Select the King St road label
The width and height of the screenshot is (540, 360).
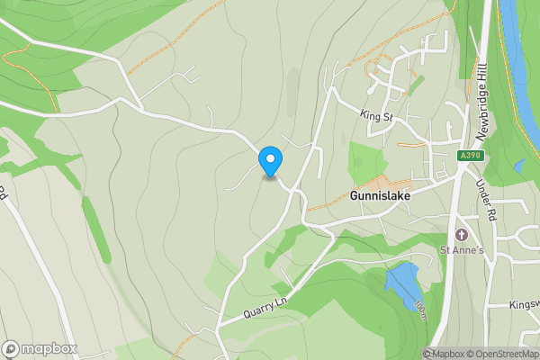pyautogui.click(x=376, y=115)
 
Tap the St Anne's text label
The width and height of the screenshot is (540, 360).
pyautogui.click(x=462, y=250)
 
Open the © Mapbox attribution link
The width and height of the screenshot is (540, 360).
pyautogui.click(x=444, y=354)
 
